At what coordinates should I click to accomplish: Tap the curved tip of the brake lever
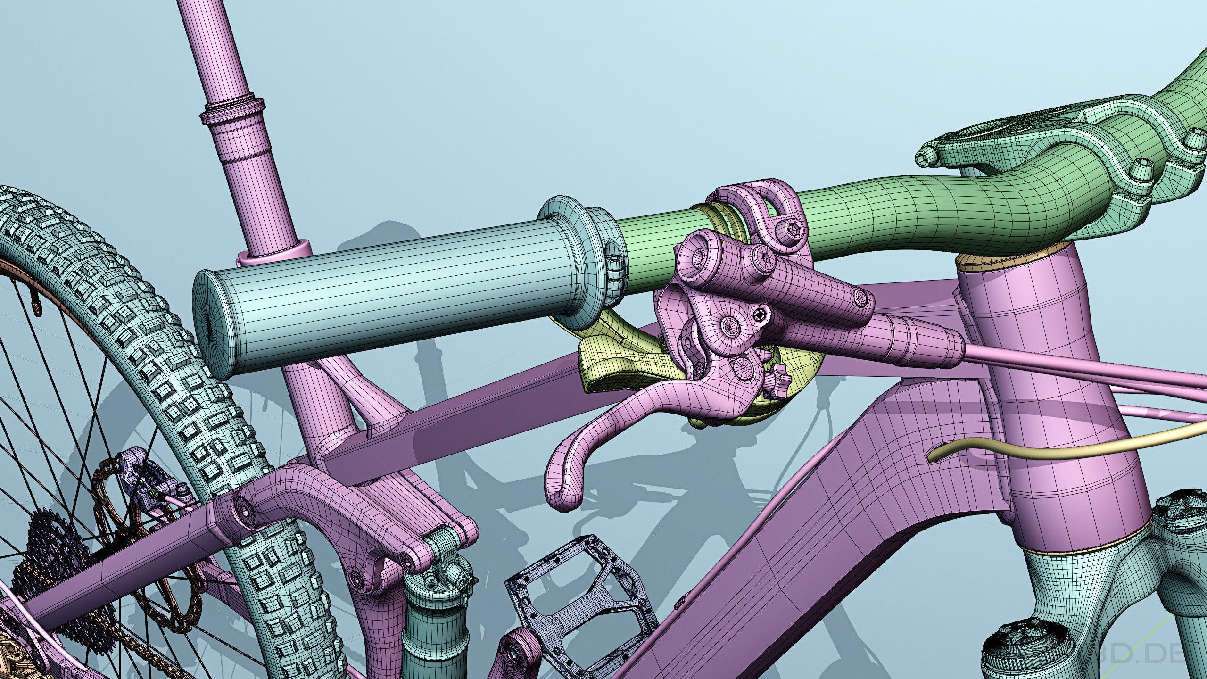[x=561, y=495]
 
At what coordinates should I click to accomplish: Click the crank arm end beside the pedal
[x=519, y=655]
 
